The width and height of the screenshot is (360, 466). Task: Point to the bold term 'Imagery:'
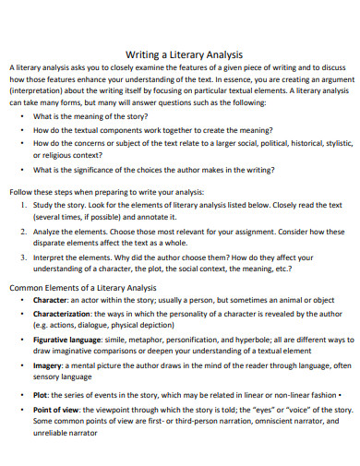tap(50, 364)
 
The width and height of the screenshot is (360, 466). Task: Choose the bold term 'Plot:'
tap(42, 394)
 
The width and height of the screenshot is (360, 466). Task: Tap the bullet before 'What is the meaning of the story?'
tap(21, 117)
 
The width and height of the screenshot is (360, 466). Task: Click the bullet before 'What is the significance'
tap(21, 169)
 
